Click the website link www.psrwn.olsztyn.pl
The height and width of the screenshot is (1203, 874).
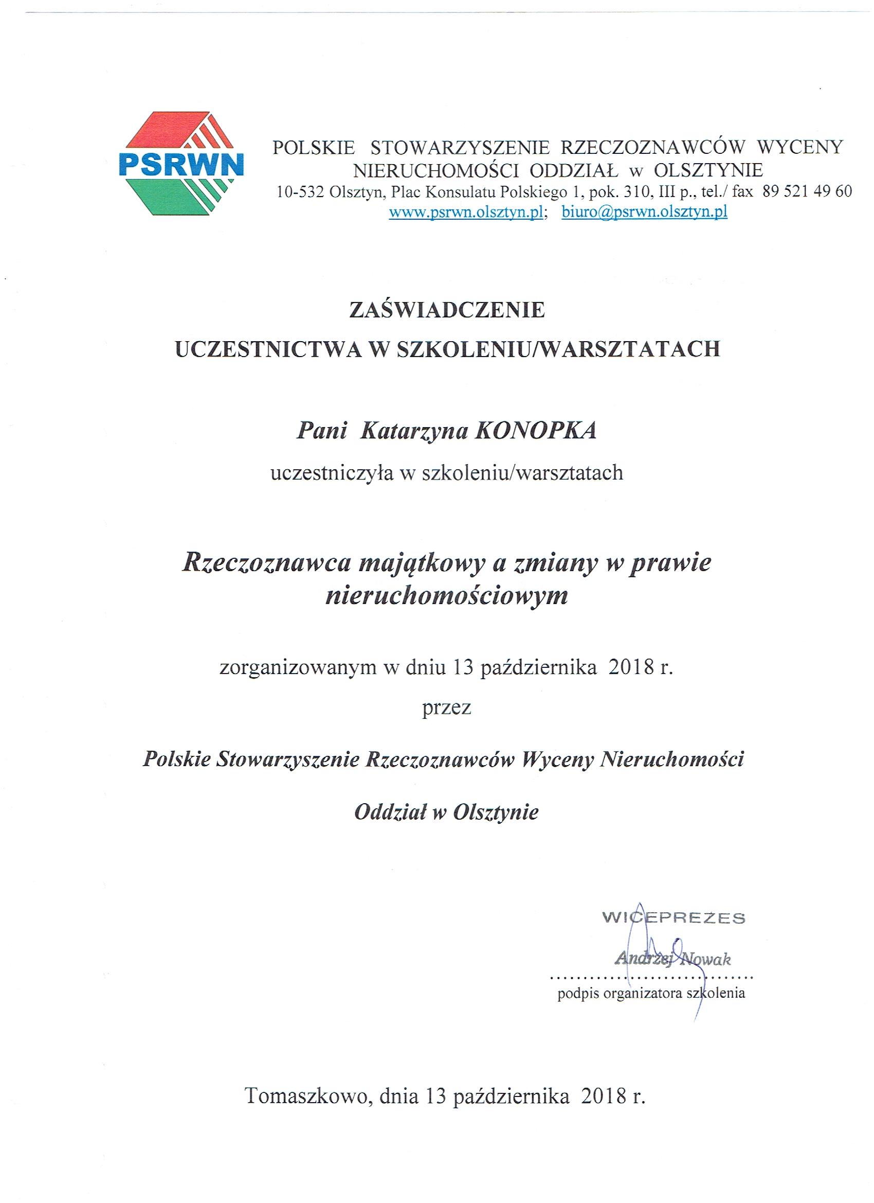pyautogui.click(x=466, y=212)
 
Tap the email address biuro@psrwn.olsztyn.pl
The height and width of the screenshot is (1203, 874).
pyautogui.click(x=644, y=212)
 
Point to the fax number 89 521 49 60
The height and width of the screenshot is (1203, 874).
pyautogui.click(x=807, y=191)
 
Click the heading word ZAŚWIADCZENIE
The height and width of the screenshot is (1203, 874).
pyautogui.click(x=447, y=310)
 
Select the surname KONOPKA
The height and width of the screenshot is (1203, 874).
pyautogui.click(x=535, y=431)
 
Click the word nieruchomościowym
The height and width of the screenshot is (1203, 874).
pyautogui.click(x=447, y=597)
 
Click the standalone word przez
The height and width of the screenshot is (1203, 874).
pyautogui.click(x=446, y=709)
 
